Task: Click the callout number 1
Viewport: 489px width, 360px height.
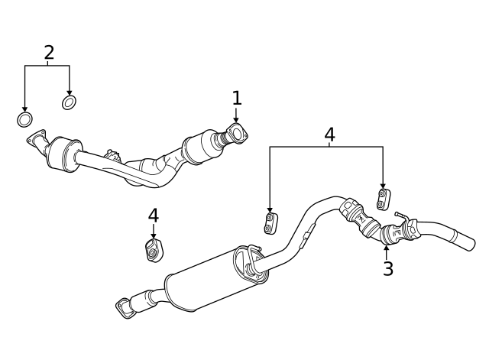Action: [x=237, y=98]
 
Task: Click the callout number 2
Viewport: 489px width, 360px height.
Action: [x=49, y=53]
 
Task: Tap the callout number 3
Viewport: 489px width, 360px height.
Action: [x=388, y=268]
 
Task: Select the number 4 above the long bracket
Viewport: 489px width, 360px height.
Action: [x=329, y=135]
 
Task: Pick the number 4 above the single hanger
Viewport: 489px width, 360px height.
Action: [x=154, y=216]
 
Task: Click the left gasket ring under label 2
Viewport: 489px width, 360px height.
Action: [x=24, y=120]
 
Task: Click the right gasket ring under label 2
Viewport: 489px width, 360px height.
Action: [x=69, y=102]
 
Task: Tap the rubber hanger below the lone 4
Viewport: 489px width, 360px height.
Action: [x=154, y=250]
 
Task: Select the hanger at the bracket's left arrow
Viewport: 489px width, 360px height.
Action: [x=270, y=223]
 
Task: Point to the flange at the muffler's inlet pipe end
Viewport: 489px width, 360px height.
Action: [x=124, y=306]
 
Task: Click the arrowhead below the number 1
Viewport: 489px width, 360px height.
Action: [x=236, y=119]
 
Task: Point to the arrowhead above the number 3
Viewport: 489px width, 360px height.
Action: [x=387, y=246]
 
